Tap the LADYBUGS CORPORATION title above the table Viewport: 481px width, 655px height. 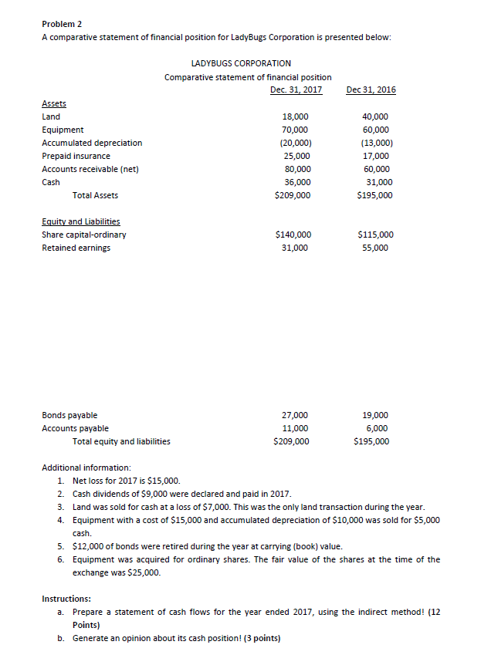pos(240,63)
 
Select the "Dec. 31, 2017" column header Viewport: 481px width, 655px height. pos(296,89)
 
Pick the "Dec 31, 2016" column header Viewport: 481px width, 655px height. pos(371,89)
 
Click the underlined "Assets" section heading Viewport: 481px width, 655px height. pos(53,103)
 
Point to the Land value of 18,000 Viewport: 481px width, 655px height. pos(296,116)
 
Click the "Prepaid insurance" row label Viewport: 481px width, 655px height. pos(76,156)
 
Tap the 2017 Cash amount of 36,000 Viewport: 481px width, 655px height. pos(297,182)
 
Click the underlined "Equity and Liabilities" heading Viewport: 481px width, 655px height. pos(80,221)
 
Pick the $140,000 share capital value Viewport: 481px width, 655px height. pos(293,235)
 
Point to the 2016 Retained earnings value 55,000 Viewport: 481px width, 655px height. pos(375,248)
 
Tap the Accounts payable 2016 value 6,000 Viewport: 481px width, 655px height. pos(375,428)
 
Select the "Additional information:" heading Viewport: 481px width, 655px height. pos(86,468)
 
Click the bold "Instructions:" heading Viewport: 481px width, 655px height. pos(68,599)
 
